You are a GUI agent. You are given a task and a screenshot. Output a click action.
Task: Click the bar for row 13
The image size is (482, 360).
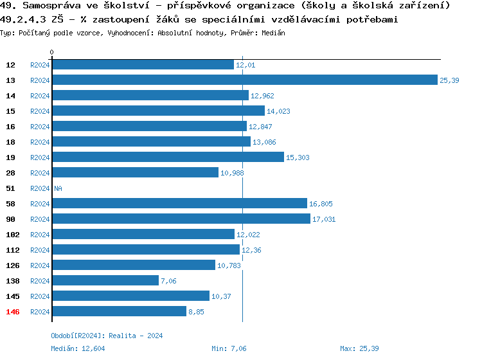[244, 80]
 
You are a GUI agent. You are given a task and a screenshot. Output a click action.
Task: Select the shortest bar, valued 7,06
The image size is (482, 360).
[105, 281]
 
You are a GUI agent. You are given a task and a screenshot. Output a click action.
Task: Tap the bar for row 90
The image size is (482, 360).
[181, 219]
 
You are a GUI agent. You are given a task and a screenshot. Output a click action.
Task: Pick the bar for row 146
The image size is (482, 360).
[119, 312]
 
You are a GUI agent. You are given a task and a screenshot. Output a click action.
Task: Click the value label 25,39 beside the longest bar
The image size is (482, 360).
[449, 80]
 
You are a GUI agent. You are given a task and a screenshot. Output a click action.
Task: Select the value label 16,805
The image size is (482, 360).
[321, 204]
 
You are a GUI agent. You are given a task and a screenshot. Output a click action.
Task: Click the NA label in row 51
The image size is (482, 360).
[58, 188]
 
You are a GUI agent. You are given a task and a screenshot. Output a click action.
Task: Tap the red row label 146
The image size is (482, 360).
[13, 312]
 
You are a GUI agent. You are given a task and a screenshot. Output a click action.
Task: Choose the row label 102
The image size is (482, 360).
[13, 235]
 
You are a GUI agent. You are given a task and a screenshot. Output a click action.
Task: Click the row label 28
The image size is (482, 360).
[11, 173]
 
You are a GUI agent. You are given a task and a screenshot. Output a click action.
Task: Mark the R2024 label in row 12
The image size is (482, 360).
[40, 65]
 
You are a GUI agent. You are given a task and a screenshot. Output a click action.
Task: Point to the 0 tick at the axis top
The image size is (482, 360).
[51, 52]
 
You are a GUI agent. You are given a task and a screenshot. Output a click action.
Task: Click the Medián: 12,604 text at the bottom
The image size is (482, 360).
[78, 348]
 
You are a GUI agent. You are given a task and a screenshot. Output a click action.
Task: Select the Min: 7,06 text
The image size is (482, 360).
[229, 348]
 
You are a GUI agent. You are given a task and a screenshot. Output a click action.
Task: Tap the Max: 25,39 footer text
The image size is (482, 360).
[359, 348]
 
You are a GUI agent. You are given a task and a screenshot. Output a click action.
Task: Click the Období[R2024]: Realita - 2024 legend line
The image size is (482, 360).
[107, 336]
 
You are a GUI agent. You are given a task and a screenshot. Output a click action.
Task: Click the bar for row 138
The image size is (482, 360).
[105, 281]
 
